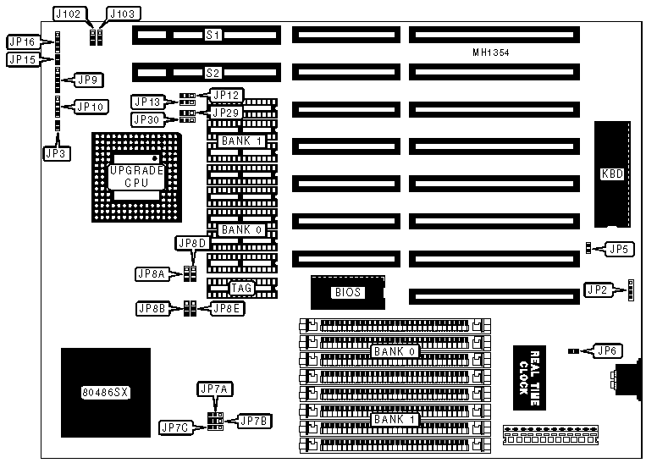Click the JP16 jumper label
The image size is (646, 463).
coord(21,41)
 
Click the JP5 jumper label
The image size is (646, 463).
coord(619,249)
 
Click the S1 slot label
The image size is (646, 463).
coord(213,36)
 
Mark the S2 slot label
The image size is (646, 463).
coord(213,74)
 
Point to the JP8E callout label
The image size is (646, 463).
coord(227,308)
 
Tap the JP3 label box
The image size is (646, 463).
coord(53,153)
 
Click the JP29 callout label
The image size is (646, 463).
coord(227,113)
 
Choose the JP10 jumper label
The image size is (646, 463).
coord(90,107)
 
